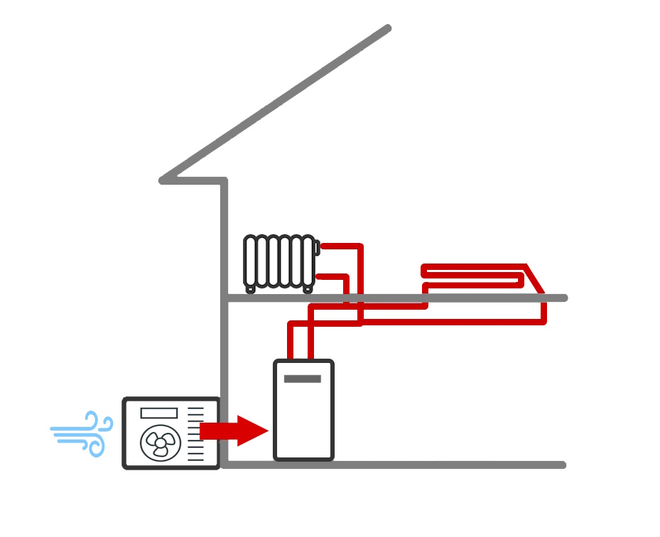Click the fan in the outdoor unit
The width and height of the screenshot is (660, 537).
pyautogui.click(x=161, y=443)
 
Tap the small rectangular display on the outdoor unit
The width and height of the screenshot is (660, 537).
pyautogui.click(x=158, y=413)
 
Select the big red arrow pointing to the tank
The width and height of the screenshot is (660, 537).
pyautogui.click(x=234, y=430)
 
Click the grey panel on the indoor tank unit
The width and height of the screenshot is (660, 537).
pyautogui.click(x=303, y=379)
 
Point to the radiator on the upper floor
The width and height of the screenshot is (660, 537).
pyautogui.click(x=278, y=261)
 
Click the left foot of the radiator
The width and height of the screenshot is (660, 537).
pyautogui.click(x=250, y=288)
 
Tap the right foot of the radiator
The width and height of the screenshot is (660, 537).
pyautogui.click(x=308, y=288)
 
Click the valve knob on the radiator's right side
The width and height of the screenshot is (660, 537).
pyautogui.click(x=316, y=248)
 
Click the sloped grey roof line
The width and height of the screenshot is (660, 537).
pyautogui.click(x=277, y=103)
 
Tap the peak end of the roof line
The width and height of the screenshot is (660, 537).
pyautogui.click(x=387, y=28)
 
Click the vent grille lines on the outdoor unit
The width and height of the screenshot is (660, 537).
pyautogui.click(x=195, y=433)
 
